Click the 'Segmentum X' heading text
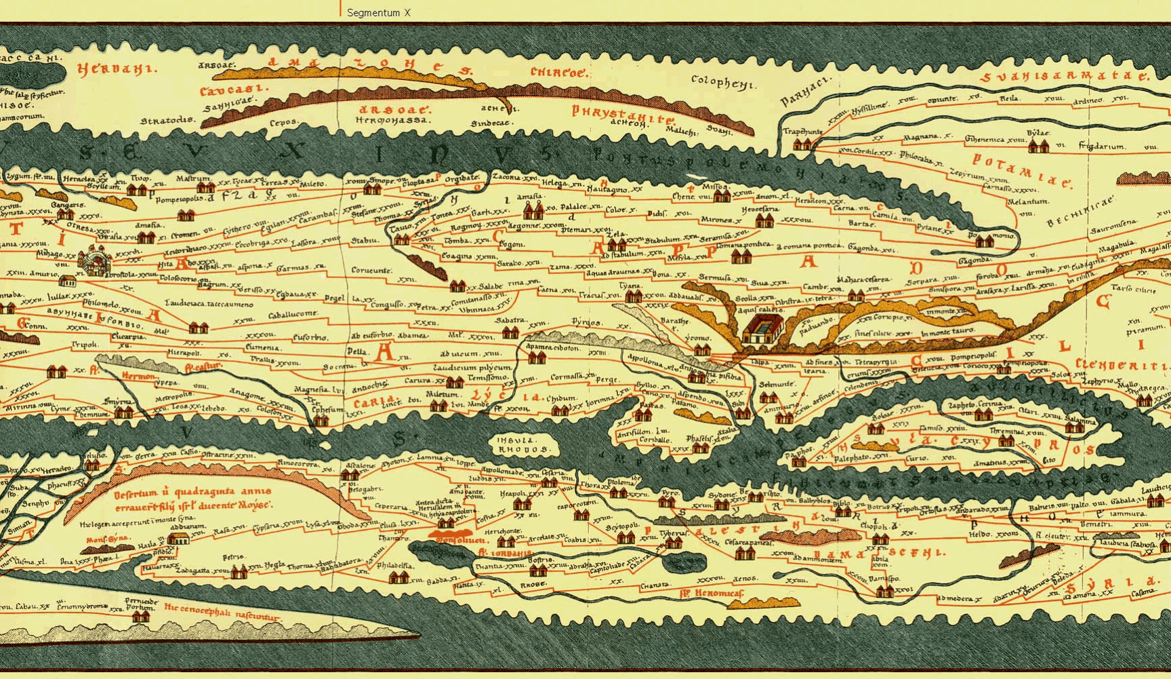click(x=378, y=12)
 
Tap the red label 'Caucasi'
click(x=224, y=90)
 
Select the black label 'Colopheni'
click(x=722, y=82)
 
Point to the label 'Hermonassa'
click(x=392, y=119)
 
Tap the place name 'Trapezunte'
click(x=802, y=132)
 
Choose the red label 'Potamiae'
click(x=1022, y=170)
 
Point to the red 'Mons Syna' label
click(x=107, y=540)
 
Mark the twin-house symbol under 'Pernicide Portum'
click(x=142, y=617)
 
